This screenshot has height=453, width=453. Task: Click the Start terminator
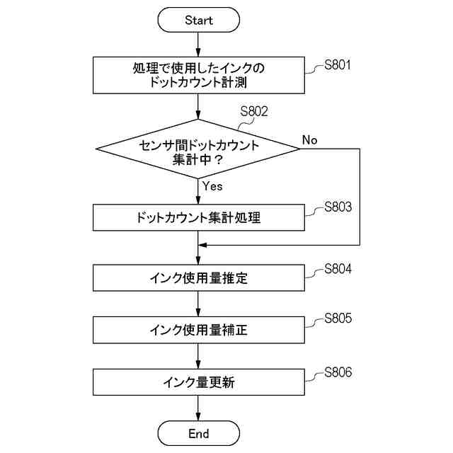tap(198, 21)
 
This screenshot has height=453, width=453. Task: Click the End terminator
tap(198, 433)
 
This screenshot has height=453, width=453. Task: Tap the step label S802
tap(254, 111)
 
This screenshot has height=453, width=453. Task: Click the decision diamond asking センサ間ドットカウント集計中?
tap(198, 149)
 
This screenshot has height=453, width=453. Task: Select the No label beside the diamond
tap(309, 139)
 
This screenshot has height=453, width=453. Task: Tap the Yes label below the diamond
tap(212, 186)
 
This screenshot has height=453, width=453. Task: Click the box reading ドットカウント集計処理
tap(198, 217)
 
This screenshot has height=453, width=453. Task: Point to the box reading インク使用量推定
tap(198, 278)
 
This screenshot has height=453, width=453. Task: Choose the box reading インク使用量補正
tap(198, 330)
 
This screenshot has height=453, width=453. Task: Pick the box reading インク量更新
tap(198, 383)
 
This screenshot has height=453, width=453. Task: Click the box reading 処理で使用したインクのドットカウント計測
tap(198, 74)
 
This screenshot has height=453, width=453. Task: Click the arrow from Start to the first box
tap(198, 44)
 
